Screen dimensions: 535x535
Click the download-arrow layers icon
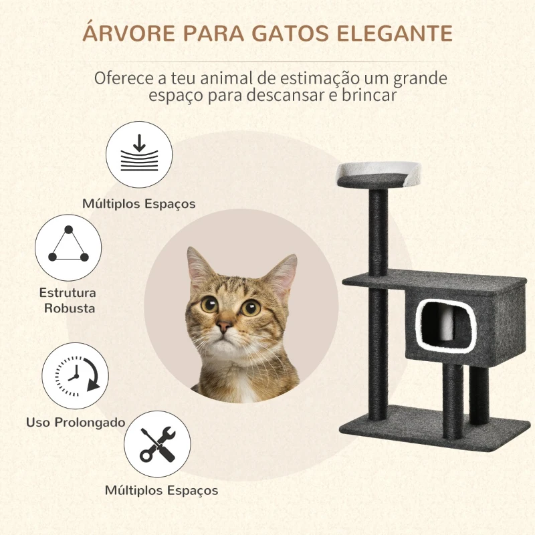[x=140, y=154]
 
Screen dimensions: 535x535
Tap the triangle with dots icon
[x=68, y=247]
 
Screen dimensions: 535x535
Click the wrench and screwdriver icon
[x=158, y=444]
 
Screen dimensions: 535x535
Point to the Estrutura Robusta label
[x=68, y=300]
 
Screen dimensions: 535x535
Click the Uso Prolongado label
[x=76, y=422]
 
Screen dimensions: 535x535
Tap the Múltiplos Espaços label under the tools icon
[x=161, y=490]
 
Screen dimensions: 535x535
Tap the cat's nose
[x=225, y=328]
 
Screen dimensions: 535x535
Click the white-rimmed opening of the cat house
[x=438, y=326]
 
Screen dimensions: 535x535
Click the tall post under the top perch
[x=377, y=231]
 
